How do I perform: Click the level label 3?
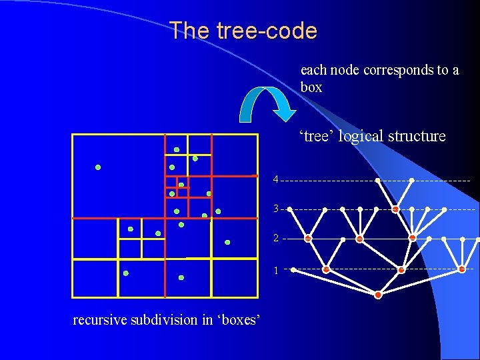click(275, 209)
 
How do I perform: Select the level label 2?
click(275, 238)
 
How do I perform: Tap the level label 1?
click(275, 270)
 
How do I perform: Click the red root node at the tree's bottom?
click(378, 295)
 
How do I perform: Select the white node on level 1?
click(293, 270)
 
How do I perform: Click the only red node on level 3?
click(395, 209)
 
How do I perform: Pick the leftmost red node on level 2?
click(308, 238)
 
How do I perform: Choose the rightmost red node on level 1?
click(462, 269)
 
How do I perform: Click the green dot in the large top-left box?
click(98, 167)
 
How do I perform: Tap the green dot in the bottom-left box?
click(125, 273)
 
